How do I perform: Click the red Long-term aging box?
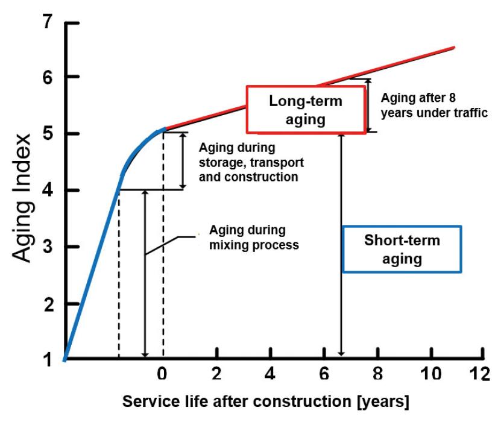[305, 109]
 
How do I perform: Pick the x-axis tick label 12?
[481, 373]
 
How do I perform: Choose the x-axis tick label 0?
[162, 373]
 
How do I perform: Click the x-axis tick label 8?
[378, 373]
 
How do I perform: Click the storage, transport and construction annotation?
[248, 162]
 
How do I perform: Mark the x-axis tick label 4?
[270, 373]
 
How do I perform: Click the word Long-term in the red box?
[305, 101]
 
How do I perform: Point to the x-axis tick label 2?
[216, 373]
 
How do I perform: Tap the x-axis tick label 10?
[430, 373]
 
